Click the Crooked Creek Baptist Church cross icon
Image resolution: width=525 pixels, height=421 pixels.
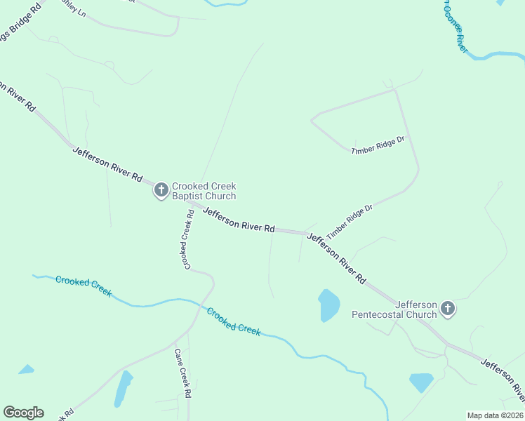tap(161, 189)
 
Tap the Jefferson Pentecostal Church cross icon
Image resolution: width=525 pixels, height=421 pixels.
tap(447, 308)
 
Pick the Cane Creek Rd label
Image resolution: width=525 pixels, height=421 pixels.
tap(182, 373)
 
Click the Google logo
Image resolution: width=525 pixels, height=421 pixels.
tap(23, 413)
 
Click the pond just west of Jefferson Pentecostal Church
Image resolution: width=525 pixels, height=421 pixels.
tap(328, 305)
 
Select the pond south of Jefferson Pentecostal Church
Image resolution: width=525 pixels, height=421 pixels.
tap(421, 382)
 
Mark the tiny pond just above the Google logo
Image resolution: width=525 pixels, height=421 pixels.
tap(26, 369)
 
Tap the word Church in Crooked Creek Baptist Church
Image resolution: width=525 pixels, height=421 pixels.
tap(221, 196)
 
